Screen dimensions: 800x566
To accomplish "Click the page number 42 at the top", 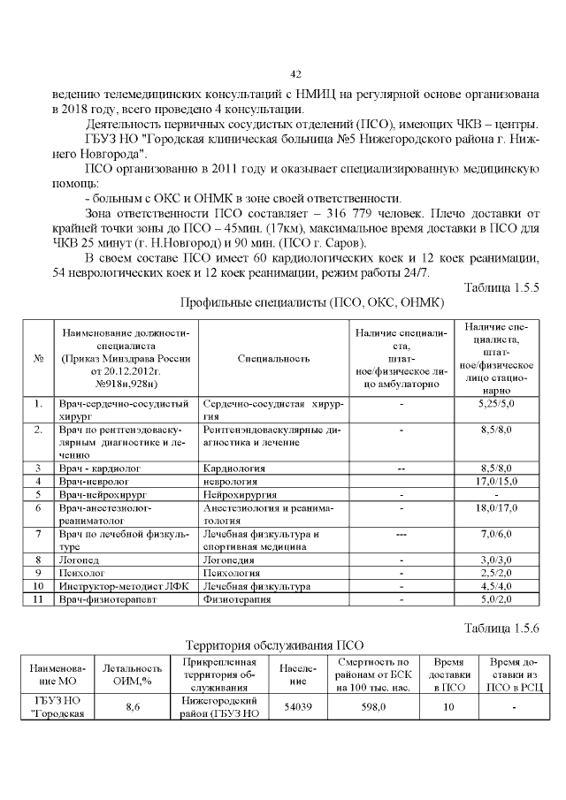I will click(x=296, y=73).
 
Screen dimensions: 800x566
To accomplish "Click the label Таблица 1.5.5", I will click(x=501, y=287).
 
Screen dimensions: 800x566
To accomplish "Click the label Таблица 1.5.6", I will click(x=501, y=628).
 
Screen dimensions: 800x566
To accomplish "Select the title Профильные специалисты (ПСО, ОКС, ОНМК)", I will click(x=310, y=302).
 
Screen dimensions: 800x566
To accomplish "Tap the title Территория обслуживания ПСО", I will click(x=274, y=644).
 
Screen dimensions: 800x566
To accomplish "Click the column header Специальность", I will click(x=274, y=359).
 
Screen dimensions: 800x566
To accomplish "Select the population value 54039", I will click(x=298, y=707).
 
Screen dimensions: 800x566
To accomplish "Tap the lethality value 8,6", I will click(x=134, y=707).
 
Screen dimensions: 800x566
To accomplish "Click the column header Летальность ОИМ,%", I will click(x=134, y=673).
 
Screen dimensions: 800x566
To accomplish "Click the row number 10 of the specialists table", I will click(x=38, y=586).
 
